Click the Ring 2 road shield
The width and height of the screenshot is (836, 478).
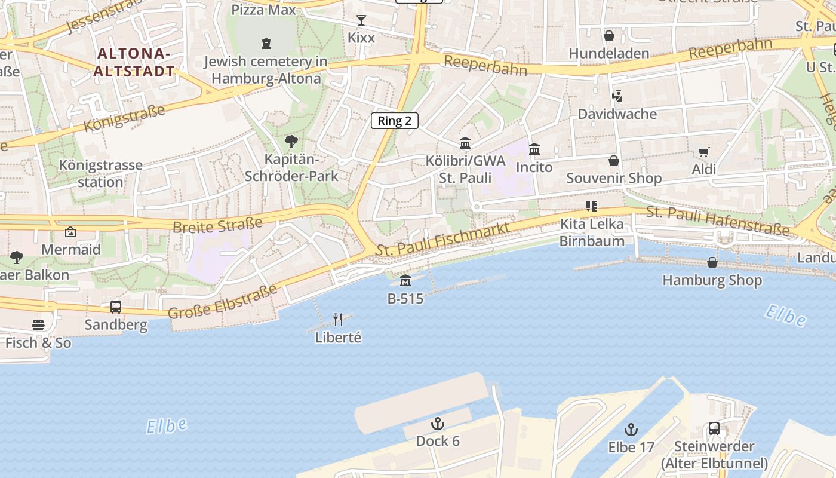coord(395,121)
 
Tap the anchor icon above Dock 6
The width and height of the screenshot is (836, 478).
coord(438,424)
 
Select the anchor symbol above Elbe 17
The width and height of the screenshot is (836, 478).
coord(631,430)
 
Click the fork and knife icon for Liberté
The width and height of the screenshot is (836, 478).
coord(338,319)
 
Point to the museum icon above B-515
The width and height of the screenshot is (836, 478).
coord(405,280)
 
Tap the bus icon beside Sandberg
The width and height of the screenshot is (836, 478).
coord(116,307)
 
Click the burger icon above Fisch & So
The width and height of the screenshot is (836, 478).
coord(38,325)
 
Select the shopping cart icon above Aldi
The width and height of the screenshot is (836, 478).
coord(703,152)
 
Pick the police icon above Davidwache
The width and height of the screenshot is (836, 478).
coord(617,96)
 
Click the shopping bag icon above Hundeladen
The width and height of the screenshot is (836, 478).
coord(609,36)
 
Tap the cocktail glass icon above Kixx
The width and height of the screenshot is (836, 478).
coord(361,20)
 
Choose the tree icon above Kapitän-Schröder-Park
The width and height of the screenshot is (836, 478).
coord(291,142)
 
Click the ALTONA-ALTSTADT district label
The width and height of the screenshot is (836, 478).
coord(136,62)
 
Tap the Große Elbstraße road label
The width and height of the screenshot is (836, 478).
coord(223,302)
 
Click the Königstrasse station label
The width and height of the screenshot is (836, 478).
coord(100,173)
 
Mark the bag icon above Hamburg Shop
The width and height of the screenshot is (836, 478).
coord(712,262)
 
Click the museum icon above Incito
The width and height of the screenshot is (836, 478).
coord(534,149)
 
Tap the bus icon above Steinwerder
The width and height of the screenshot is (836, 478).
coord(714,428)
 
